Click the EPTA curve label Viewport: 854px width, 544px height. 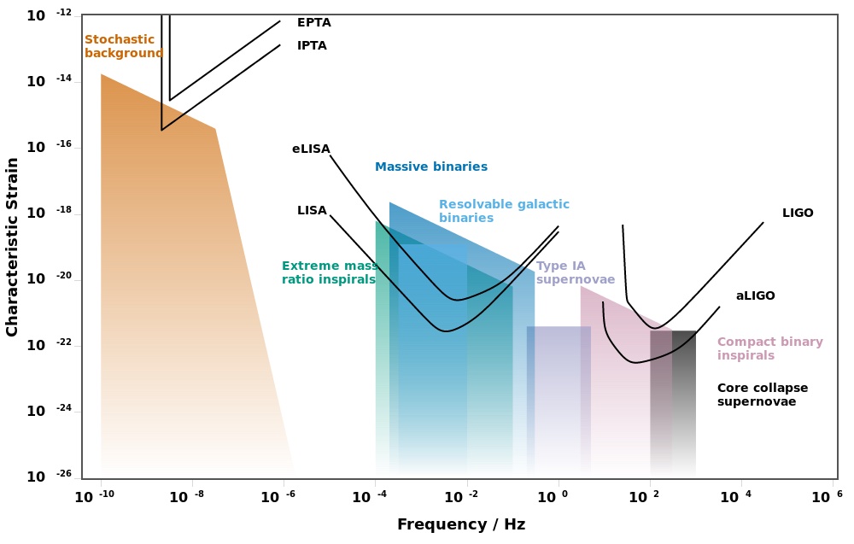(313, 23)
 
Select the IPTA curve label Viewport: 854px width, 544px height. (312, 46)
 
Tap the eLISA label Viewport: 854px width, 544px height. (311, 149)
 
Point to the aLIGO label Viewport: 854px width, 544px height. (755, 296)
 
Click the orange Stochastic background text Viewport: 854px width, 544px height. (123, 46)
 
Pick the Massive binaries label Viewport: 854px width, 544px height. (431, 167)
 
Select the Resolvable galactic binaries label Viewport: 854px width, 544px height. (504, 212)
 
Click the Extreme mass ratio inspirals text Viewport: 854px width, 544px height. (330, 272)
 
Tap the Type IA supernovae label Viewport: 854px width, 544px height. (575, 272)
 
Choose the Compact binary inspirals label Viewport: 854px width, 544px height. (769, 348)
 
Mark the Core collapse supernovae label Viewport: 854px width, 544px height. (762, 395)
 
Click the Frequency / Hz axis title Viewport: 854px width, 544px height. (460, 524)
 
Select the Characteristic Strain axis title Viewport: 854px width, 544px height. (12, 247)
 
